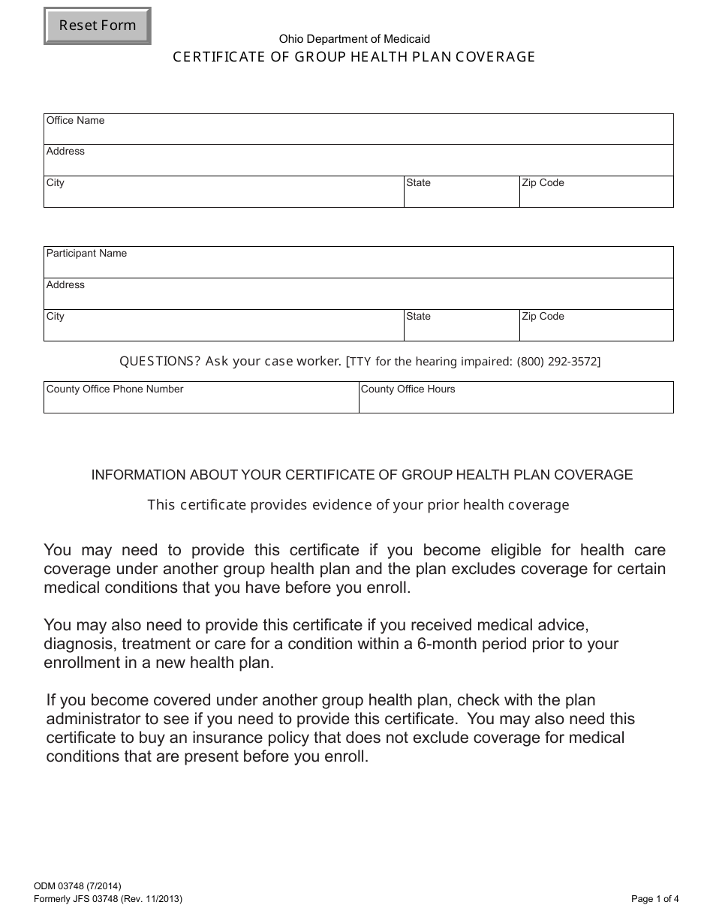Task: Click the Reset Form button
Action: click(98, 26)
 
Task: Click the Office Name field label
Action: click(75, 121)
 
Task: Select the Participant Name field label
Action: click(86, 254)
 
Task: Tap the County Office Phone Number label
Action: click(115, 389)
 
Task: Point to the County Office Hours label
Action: click(408, 389)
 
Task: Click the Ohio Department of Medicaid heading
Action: click(354, 39)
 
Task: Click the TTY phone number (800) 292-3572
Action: click(558, 362)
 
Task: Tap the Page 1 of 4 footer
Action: click(654, 898)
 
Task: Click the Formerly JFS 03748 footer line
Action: click(108, 898)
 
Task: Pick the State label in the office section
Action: click(418, 183)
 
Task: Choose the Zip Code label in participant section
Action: click(543, 317)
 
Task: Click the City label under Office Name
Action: click(56, 183)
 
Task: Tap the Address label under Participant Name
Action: click(65, 285)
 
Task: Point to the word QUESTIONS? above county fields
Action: click(160, 362)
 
